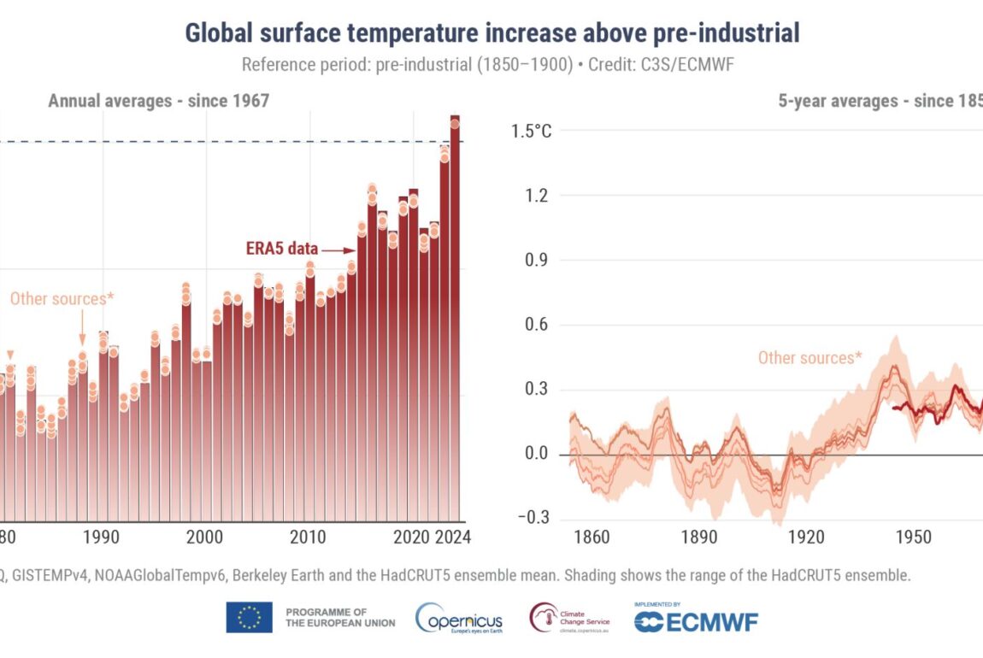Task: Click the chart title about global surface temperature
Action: pyautogui.click(x=491, y=33)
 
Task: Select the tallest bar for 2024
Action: pyautogui.click(x=455, y=316)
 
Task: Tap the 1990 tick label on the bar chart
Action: pyautogui.click(x=102, y=537)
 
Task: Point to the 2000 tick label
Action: pyautogui.click(x=204, y=537)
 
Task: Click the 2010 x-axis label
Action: pyautogui.click(x=308, y=537)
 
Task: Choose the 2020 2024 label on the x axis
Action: pyautogui.click(x=431, y=537)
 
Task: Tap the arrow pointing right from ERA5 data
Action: pyautogui.click(x=339, y=250)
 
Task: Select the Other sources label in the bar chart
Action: pyautogui.click(x=62, y=298)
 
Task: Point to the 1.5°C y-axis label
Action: pyautogui.click(x=532, y=132)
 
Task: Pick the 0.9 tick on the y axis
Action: pyautogui.click(x=537, y=260)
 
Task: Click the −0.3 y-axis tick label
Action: pyautogui.click(x=533, y=519)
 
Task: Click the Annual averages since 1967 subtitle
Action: pyautogui.click(x=158, y=101)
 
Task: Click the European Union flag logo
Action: pyautogui.click(x=249, y=617)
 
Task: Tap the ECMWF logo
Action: pyautogui.click(x=696, y=621)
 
